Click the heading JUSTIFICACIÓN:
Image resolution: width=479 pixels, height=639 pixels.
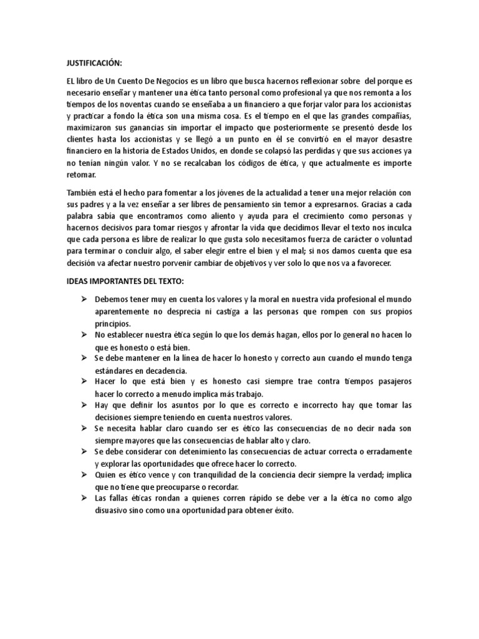94,63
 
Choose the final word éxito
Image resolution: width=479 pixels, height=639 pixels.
279,510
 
